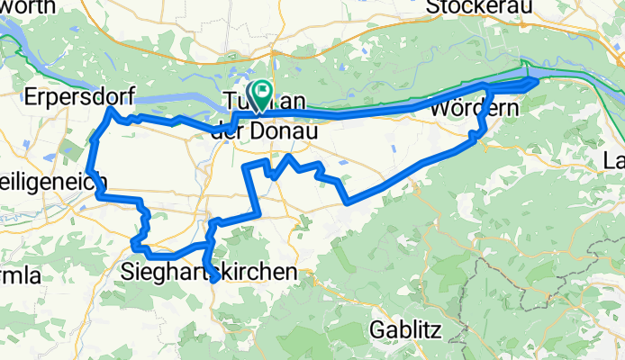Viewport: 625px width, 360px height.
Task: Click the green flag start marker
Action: pyautogui.click(x=262, y=91)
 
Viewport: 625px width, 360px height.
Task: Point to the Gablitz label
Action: pyautogui.click(x=405, y=330)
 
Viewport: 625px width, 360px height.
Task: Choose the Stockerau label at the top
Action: pyautogui.click(x=480, y=7)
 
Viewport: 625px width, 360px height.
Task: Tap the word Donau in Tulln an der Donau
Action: pyautogui.click(x=288, y=131)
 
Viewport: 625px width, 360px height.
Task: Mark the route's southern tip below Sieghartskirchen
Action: pyautogui.click(x=214, y=281)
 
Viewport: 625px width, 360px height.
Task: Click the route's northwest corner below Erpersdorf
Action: pyautogui.click(x=110, y=109)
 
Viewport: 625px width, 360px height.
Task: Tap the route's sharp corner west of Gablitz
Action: pyautogui.click(x=348, y=202)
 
